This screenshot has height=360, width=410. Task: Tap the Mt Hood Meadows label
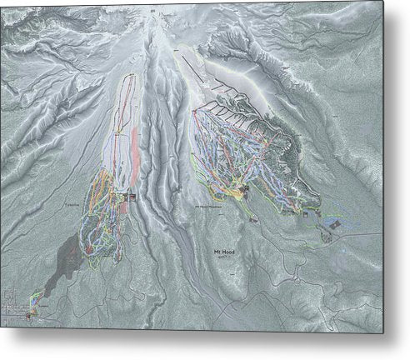tap(208, 207)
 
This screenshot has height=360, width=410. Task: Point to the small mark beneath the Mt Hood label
tap(222, 258)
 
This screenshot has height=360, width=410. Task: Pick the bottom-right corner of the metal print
tap(383, 332)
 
